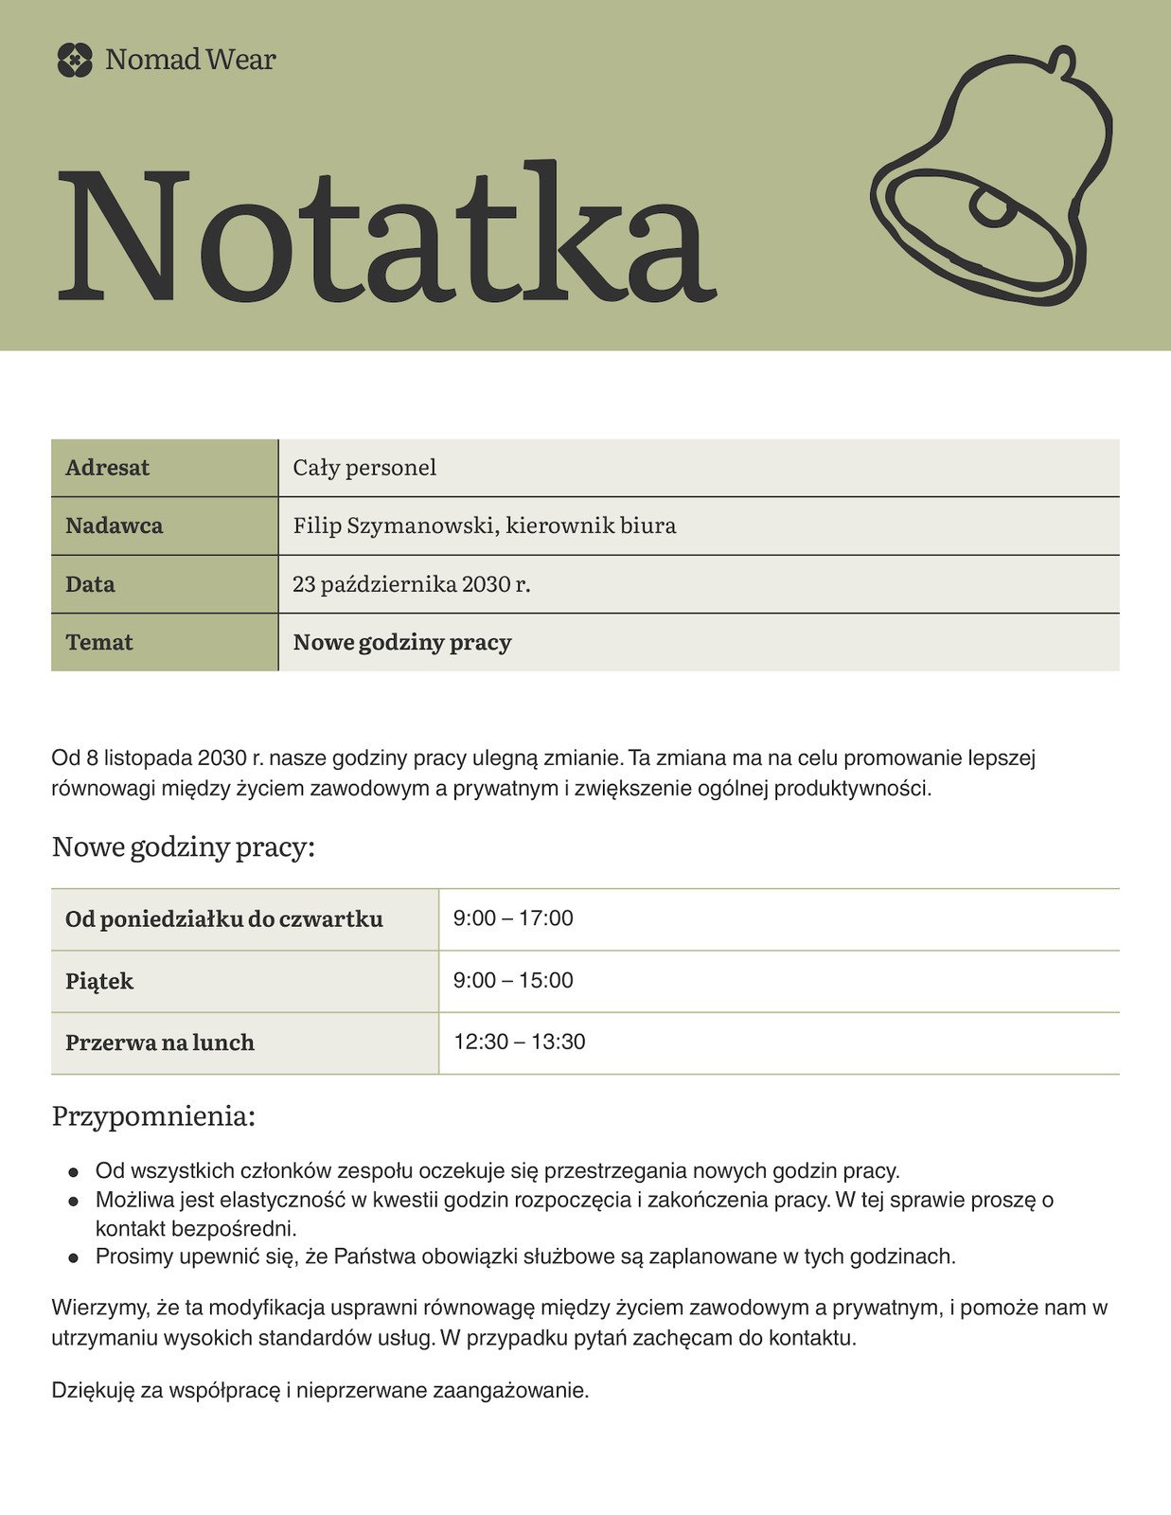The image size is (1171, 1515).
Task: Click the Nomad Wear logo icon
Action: point(75,60)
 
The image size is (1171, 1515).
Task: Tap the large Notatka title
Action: point(386,234)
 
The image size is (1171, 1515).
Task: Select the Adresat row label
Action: point(108,468)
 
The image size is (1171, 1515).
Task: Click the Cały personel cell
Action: point(364,468)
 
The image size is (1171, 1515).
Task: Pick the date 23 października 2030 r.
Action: point(411,584)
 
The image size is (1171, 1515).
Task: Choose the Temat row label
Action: point(99,643)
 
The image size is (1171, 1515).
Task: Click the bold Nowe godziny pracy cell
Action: point(401,643)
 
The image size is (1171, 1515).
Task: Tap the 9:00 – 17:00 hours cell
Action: point(513,918)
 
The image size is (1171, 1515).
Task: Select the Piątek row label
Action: point(99,981)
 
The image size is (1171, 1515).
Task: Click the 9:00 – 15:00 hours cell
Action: point(513,980)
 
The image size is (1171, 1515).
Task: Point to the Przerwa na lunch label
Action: point(160,1043)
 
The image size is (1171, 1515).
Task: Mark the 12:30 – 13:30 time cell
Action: point(519,1042)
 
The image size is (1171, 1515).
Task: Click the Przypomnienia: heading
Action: point(153,1116)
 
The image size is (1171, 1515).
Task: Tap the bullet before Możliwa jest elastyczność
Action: point(73,1202)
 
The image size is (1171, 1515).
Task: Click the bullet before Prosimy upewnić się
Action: point(73,1258)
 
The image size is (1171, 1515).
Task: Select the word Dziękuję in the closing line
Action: point(93,1391)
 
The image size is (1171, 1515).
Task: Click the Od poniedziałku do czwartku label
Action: point(224,919)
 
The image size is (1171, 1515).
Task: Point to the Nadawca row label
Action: point(114,526)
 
